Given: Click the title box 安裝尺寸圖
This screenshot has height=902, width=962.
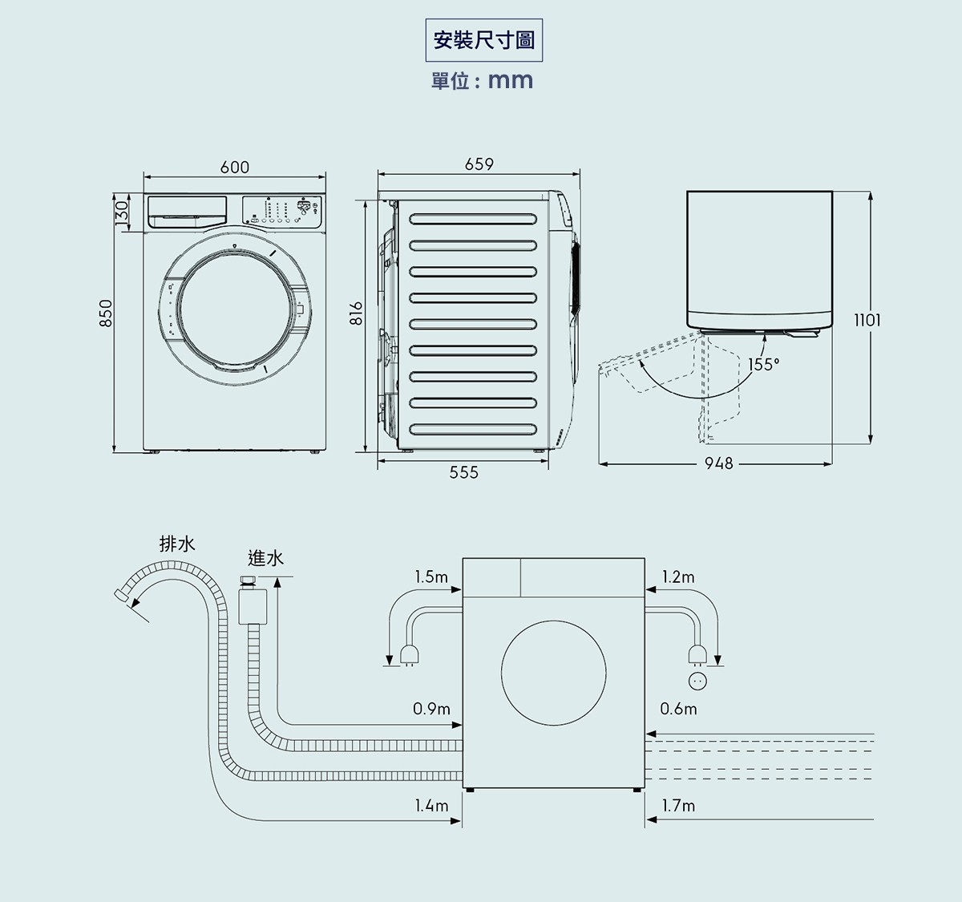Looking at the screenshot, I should (483, 40).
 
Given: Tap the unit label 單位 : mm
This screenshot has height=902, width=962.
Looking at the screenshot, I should (482, 81).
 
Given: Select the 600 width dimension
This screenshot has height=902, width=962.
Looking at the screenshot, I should (234, 167).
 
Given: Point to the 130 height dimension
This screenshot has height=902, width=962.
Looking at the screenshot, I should (121, 212).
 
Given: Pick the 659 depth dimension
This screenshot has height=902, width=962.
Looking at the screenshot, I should (479, 164).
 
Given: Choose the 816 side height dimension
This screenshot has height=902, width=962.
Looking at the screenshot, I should (358, 312).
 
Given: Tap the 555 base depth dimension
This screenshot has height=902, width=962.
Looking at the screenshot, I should (463, 473).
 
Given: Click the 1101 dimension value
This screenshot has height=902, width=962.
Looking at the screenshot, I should (867, 320).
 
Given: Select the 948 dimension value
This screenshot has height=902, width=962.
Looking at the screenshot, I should (718, 463).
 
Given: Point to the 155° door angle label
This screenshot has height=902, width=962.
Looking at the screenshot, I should (763, 365).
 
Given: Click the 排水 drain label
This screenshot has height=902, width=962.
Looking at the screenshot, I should (177, 544).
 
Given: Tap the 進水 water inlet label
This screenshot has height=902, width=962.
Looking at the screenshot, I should (265, 558).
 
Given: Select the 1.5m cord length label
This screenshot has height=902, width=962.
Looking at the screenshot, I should (431, 576).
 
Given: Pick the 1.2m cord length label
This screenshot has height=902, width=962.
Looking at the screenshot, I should (678, 576).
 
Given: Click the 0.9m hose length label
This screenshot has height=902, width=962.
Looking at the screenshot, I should (431, 709).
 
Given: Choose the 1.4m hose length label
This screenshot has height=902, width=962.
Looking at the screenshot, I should (431, 805).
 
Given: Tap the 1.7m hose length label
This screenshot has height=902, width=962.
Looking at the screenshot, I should (678, 805).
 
